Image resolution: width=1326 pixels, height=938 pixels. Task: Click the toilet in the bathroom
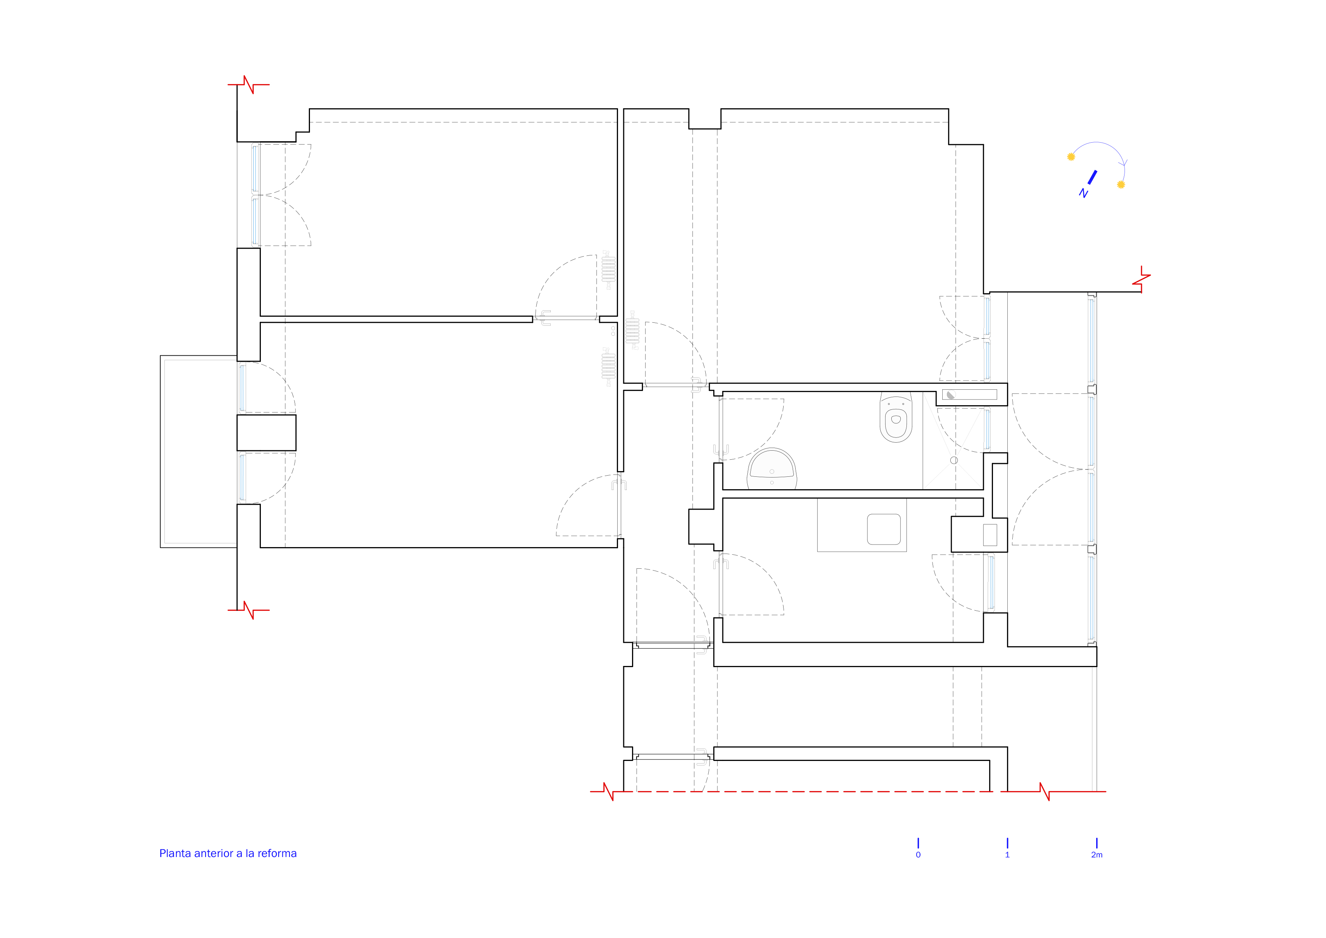tap(896, 417)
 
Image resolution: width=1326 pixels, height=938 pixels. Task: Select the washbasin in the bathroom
tap(771, 469)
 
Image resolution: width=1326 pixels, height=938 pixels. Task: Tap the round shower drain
tap(954, 460)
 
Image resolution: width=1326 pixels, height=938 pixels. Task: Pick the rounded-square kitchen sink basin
tap(884, 529)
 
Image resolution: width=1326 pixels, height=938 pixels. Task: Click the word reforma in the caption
tap(277, 854)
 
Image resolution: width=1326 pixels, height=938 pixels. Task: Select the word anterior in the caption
tap(214, 854)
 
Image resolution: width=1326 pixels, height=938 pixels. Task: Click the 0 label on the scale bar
tap(918, 855)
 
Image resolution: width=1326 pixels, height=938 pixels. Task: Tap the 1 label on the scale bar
tap(1007, 855)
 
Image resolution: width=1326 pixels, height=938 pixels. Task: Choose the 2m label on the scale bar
tap(1097, 855)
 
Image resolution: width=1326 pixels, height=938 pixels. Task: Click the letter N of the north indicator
tap(1083, 193)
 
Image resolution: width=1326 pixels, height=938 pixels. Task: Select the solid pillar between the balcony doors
tap(266, 432)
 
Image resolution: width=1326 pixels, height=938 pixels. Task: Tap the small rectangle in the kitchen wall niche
tap(990, 535)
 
